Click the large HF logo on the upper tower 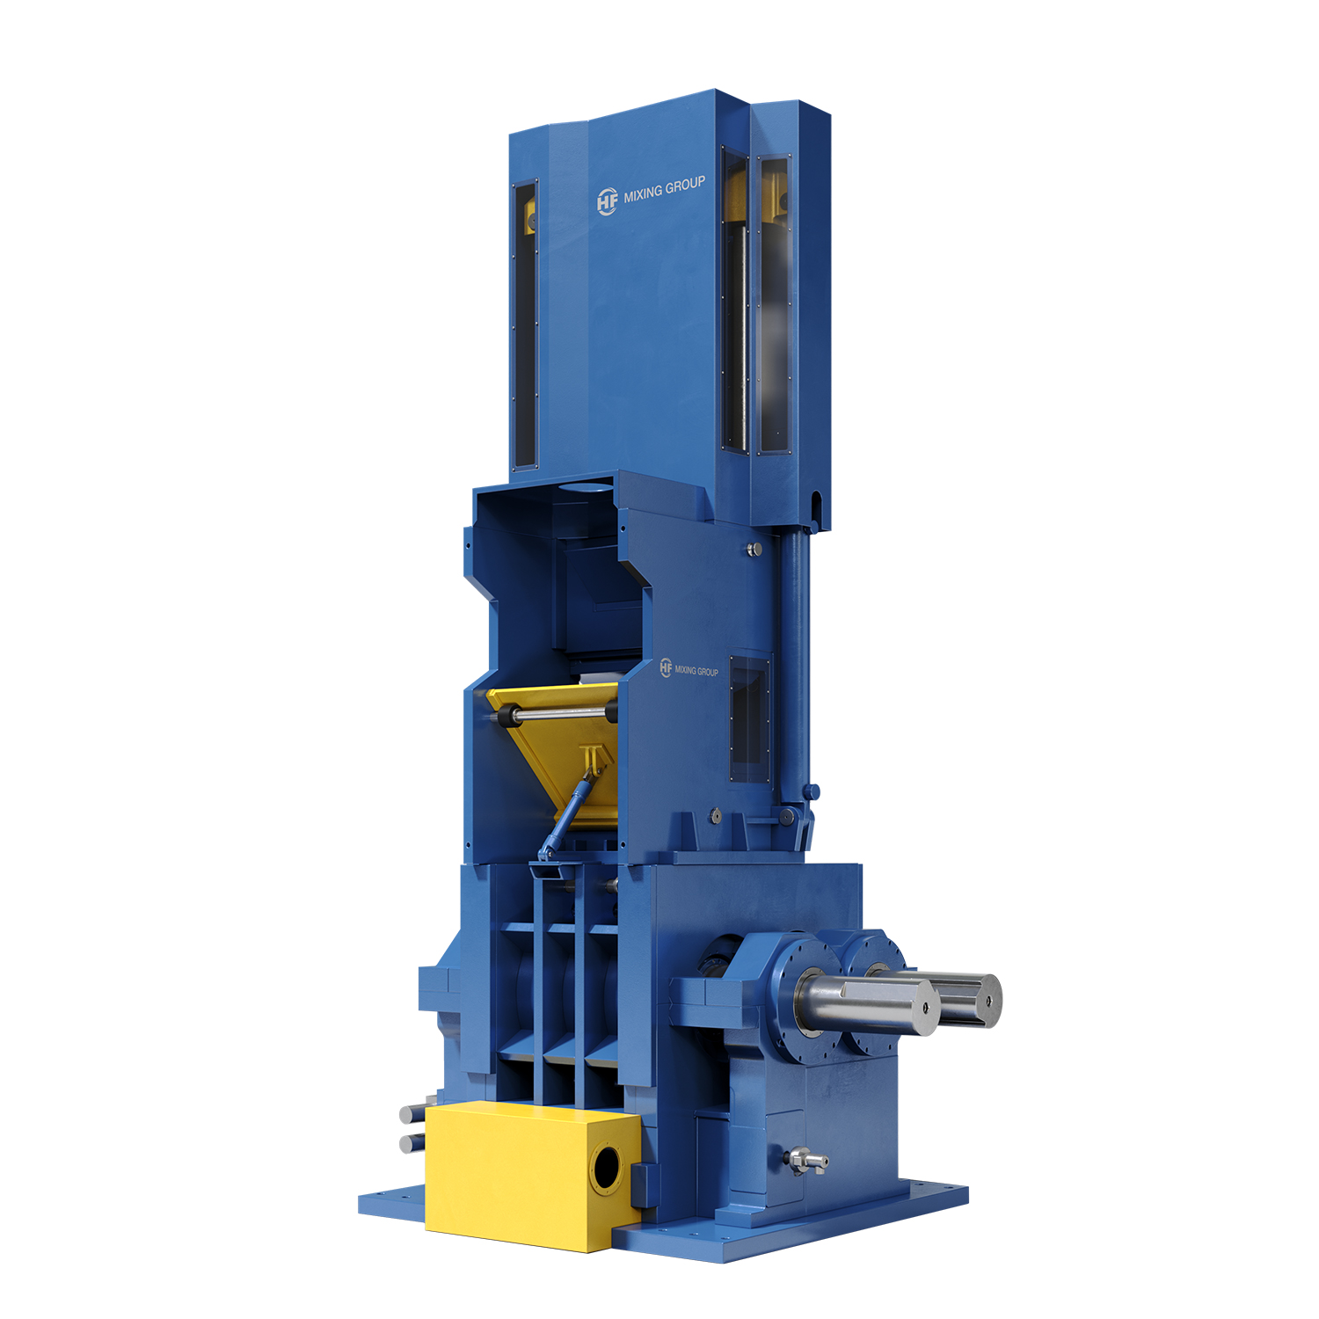pyautogui.click(x=607, y=201)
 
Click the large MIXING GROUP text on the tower pyautogui.click(x=664, y=190)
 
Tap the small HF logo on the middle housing pyautogui.click(x=666, y=668)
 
